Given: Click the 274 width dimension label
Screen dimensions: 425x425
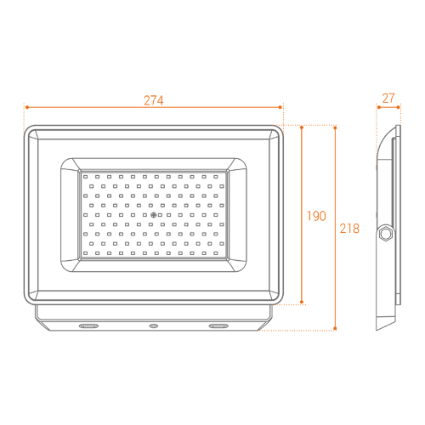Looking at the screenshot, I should pyautogui.click(x=153, y=99).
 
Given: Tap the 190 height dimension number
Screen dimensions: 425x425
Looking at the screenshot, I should pyautogui.click(x=315, y=216).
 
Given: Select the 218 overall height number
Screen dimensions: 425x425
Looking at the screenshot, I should pyautogui.click(x=349, y=229).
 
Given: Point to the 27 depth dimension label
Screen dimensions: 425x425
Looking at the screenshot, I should pyautogui.click(x=388, y=99).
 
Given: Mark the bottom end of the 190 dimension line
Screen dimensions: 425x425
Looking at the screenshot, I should pyautogui.click(x=303, y=303).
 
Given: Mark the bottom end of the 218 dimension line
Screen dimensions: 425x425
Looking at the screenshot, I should pyautogui.click(x=336, y=329).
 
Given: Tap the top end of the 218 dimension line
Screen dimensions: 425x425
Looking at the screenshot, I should pyautogui.click(x=336, y=127).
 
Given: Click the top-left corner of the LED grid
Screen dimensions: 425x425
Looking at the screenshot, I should pyautogui.click(x=82, y=174).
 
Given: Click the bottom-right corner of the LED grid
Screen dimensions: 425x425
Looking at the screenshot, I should pyautogui.click(x=227, y=258).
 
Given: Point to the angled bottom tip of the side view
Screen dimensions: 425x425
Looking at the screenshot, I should pyautogui.click(x=380, y=328).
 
